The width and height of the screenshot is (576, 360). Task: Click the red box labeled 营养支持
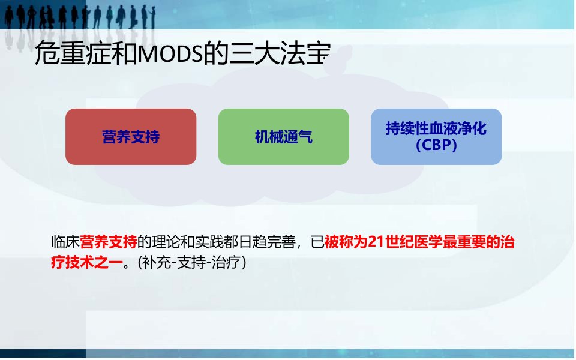click(x=131, y=137)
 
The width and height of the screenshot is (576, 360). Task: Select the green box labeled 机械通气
click(x=284, y=137)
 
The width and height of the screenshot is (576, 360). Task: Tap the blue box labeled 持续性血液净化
click(x=436, y=137)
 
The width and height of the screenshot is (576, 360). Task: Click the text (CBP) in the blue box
click(x=436, y=145)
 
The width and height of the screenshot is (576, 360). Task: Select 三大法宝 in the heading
click(x=280, y=53)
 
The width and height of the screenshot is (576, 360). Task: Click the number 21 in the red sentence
click(x=376, y=242)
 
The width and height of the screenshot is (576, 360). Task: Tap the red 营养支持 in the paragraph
click(x=109, y=242)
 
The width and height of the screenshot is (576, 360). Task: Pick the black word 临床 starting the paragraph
click(x=65, y=242)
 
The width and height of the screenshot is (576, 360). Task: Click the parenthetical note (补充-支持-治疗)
click(x=192, y=263)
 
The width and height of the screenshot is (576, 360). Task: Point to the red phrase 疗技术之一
click(x=86, y=263)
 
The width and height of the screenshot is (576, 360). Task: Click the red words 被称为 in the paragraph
click(x=346, y=242)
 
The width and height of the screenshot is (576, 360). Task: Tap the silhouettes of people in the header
click(x=79, y=17)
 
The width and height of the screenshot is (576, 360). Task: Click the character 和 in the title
click(x=124, y=53)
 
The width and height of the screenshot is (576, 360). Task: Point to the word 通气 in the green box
click(x=298, y=137)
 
